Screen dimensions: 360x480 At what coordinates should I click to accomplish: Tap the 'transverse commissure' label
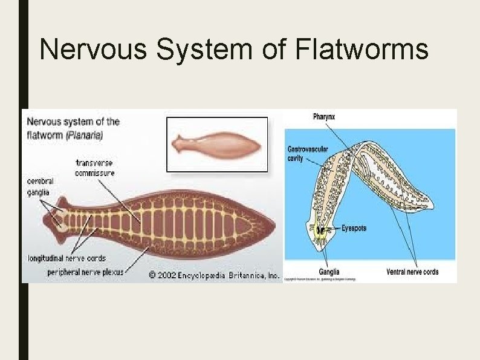pos(95,168)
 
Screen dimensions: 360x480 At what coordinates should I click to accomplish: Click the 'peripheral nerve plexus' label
pos(85,272)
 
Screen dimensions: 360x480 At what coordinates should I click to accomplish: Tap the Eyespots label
pos(354,229)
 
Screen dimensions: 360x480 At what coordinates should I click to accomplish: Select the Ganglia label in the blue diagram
pos(329,272)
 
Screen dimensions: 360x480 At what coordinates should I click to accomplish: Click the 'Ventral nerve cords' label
pos(412,272)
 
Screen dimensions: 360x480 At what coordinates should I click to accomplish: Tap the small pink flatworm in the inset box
pos(216,144)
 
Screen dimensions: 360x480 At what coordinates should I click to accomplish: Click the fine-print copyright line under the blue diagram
pos(320,280)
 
